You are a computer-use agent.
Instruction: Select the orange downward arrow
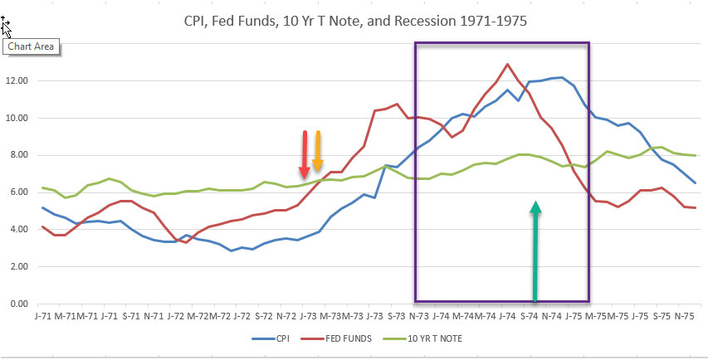317,152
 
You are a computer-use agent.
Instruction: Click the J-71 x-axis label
42,316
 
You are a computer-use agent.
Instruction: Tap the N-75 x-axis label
684,316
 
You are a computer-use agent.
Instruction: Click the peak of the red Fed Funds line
507,64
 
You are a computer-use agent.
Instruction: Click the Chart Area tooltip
32,46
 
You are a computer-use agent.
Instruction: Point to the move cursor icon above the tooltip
7,28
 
